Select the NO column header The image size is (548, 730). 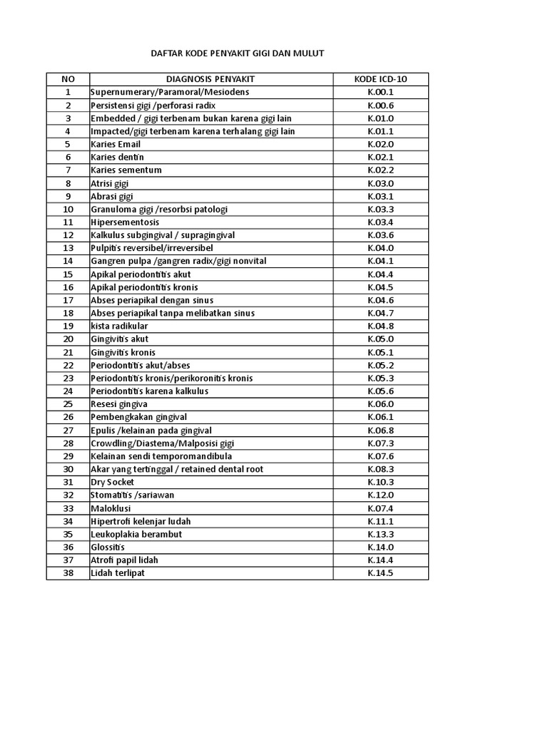(x=68, y=79)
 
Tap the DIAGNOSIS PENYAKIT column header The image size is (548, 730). (x=210, y=79)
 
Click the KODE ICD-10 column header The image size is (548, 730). (x=380, y=79)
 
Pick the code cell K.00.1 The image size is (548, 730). (x=380, y=92)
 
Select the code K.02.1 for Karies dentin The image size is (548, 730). (x=380, y=157)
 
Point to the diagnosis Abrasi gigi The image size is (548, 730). (x=112, y=196)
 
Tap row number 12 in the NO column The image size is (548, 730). (x=68, y=235)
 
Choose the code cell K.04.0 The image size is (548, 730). (x=380, y=248)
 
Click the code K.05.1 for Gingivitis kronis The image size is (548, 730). (x=380, y=352)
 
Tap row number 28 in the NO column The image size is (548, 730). (x=68, y=443)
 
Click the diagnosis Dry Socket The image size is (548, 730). (x=113, y=482)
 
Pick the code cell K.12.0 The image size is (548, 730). (x=380, y=495)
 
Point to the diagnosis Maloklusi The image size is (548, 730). (x=111, y=508)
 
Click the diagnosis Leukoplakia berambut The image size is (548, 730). (x=136, y=534)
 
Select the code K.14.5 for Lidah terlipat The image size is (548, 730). (x=380, y=573)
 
